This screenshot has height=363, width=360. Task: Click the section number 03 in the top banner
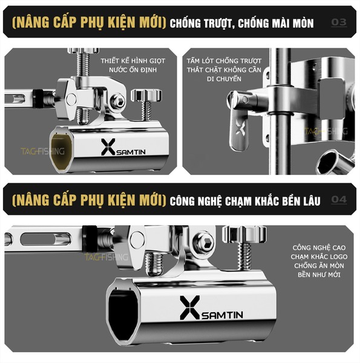tap(339, 22)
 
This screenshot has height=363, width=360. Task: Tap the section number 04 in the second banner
tap(339, 199)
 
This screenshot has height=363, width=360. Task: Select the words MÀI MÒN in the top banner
tap(293, 23)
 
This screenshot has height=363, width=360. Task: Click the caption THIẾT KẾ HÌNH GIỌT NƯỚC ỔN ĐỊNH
tap(133, 65)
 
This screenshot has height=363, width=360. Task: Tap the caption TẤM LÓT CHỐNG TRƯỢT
tap(224, 61)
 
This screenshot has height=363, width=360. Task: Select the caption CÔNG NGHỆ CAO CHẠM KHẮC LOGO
tap(319, 252)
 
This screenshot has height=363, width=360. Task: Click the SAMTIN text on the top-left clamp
tap(131, 152)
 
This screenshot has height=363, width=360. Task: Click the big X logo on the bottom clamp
tap(189, 307)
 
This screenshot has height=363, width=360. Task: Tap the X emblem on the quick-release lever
tap(240, 127)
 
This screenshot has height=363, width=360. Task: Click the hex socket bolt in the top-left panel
tap(117, 101)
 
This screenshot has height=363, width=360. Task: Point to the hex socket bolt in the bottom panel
tap(204, 243)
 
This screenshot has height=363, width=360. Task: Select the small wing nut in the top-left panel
tap(146, 96)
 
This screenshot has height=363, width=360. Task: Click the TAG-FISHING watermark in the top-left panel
tap(42, 151)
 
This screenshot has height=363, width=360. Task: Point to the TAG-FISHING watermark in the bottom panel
tap(106, 257)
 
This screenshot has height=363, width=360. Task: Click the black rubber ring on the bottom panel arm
tap(90, 239)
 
